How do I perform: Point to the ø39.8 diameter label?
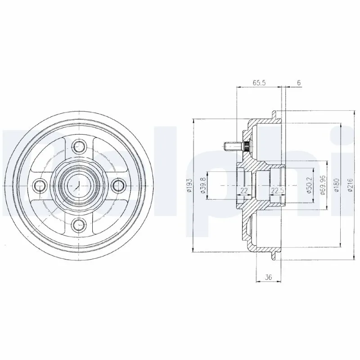[x=203, y=185]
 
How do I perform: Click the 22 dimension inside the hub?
[x=243, y=191]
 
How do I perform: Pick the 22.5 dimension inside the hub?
[x=277, y=191]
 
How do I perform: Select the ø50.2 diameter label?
[x=309, y=185]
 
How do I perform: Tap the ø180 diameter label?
[x=336, y=185]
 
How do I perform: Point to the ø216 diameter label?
[x=350, y=185]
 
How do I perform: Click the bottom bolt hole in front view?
[x=80, y=224]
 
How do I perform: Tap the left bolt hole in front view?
[x=40, y=184]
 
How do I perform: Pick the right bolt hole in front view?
[x=119, y=184]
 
